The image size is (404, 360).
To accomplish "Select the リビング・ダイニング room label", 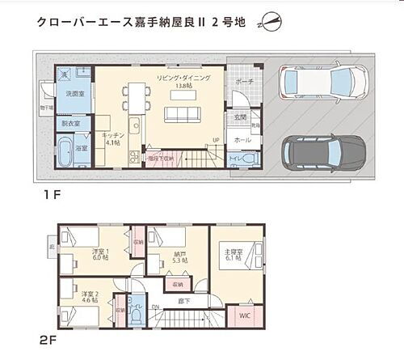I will click(183, 78).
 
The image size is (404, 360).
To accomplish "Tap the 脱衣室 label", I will click(72, 124).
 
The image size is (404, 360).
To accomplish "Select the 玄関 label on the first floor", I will click(240, 117).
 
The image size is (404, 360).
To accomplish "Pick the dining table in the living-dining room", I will click(135, 95).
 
